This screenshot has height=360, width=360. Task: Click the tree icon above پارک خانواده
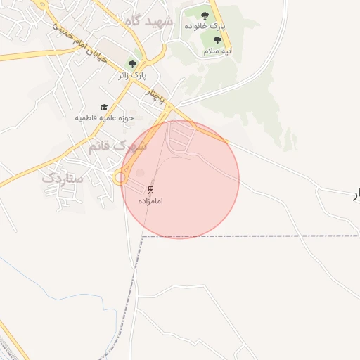(205, 15)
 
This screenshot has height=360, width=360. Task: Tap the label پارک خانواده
(205, 25)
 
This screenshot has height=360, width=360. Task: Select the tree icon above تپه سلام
(217, 40)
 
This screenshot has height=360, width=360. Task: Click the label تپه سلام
(217, 51)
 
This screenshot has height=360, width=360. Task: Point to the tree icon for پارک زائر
(131, 64)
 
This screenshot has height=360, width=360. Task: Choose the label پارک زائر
(131, 74)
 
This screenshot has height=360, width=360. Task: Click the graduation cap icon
(104, 108)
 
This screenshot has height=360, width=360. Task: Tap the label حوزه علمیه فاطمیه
(105, 118)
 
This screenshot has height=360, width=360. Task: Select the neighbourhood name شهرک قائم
(117, 146)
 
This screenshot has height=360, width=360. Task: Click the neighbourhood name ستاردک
(63, 178)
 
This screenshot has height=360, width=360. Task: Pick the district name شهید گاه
(148, 21)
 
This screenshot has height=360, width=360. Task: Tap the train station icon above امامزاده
(151, 190)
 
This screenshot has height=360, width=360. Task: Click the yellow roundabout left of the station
(120, 178)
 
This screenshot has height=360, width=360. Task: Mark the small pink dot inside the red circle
(140, 173)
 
